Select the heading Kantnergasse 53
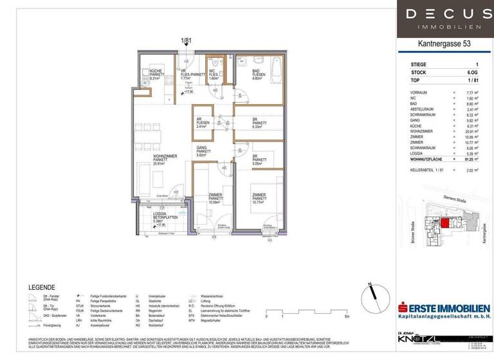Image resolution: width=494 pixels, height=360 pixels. pos(444,44)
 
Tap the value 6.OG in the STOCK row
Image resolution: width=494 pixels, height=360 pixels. pos(473,73)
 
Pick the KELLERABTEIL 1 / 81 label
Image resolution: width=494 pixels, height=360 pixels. pos(430,170)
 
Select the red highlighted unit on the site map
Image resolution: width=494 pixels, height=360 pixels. pos(444,223)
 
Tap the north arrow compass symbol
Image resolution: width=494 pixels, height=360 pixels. pos(368,297)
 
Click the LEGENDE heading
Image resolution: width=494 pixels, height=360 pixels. pos(42,287)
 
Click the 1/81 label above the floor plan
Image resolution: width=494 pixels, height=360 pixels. pos(187,40)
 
